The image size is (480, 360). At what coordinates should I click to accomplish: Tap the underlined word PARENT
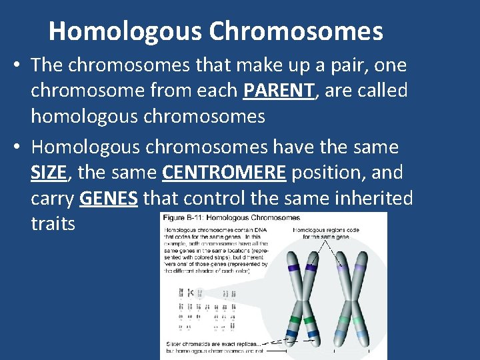pos(279,90)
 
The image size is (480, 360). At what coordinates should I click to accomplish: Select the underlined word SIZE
pos(49,173)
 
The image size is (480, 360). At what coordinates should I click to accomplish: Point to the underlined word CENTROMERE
pos(224,173)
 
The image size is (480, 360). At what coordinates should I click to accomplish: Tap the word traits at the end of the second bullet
pos(53,223)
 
